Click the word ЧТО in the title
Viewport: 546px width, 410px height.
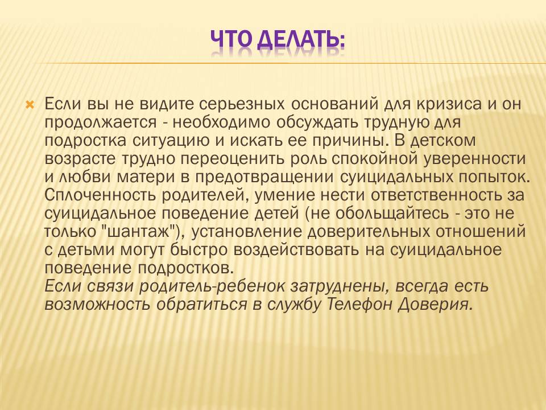click(x=231, y=39)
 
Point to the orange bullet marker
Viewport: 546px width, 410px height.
click(x=30, y=105)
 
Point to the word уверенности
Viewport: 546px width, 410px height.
click(x=474, y=159)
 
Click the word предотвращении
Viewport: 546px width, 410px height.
click(x=264, y=177)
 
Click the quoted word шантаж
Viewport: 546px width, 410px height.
click(x=138, y=231)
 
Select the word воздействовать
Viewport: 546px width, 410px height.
click(x=296, y=249)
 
